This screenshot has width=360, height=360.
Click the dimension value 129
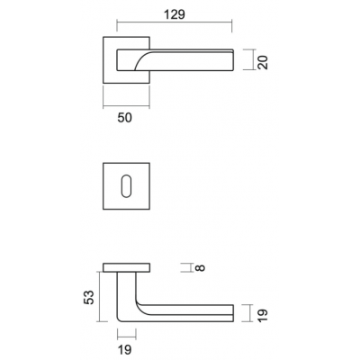pos(175,14)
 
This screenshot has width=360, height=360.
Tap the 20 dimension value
pos(263,63)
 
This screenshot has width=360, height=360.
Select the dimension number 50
pos(124,118)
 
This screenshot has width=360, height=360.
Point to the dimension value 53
pos(89,297)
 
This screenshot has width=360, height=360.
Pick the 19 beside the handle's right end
pos(263,315)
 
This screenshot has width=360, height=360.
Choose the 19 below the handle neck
pos(124,349)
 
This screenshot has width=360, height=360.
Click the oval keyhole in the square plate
pos(126,186)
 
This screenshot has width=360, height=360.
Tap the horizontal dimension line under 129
pos(175,22)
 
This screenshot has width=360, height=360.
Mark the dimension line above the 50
pos(126,106)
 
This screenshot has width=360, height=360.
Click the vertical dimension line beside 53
pos(99,296)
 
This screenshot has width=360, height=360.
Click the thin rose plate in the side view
pos(126,267)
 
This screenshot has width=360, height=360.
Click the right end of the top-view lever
pos(232,60)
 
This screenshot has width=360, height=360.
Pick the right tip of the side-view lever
pos(233,313)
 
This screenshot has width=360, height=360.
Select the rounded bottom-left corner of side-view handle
pos(119,319)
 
